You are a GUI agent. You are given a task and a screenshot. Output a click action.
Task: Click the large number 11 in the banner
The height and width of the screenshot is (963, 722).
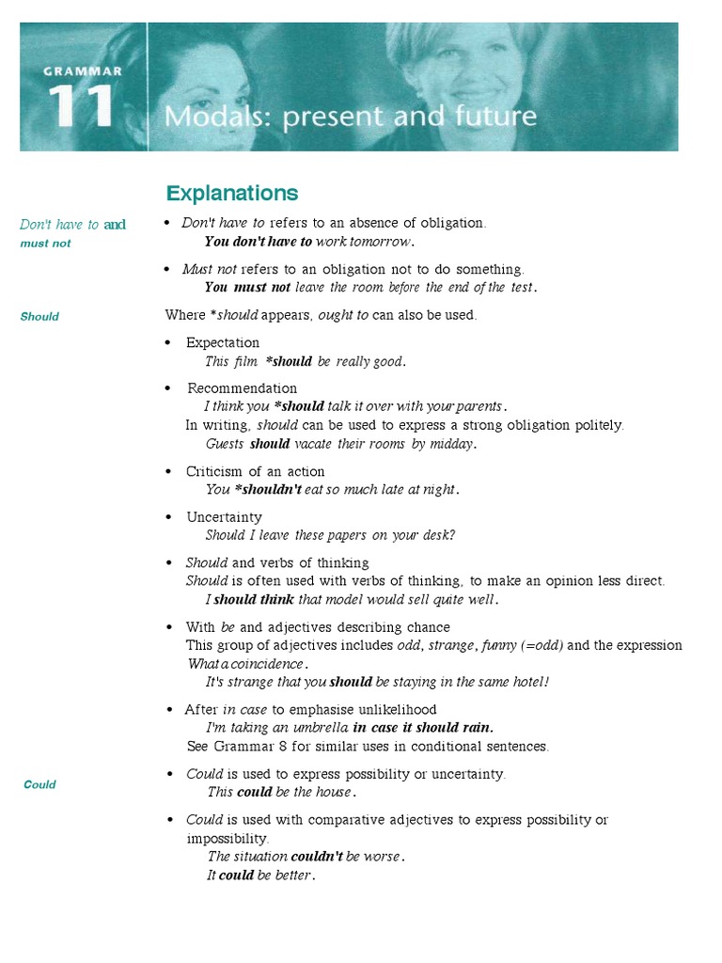point(83,106)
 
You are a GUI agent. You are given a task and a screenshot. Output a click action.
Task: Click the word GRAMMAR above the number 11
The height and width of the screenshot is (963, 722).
point(82,71)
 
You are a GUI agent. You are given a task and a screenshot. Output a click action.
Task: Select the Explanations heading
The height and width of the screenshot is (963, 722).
point(232,194)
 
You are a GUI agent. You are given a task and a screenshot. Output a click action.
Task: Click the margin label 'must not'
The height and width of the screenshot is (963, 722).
point(45,244)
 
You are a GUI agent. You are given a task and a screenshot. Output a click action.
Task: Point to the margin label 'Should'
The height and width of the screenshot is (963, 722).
point(39,317)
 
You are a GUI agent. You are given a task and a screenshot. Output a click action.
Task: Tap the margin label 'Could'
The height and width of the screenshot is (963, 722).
point(39,784)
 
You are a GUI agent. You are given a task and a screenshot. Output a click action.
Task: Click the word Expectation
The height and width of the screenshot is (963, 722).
point(223,342)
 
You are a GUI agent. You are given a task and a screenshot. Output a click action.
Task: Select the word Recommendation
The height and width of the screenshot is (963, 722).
point(243,388)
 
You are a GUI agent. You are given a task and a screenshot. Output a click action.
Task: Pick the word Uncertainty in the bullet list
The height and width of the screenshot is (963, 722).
point(224,517)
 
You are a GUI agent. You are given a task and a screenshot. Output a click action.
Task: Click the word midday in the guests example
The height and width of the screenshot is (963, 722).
point(453,444)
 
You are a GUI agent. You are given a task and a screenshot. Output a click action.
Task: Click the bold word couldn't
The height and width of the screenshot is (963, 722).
point(317,857)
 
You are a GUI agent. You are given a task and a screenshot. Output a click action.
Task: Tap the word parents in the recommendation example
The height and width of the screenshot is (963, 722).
point(479,406)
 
